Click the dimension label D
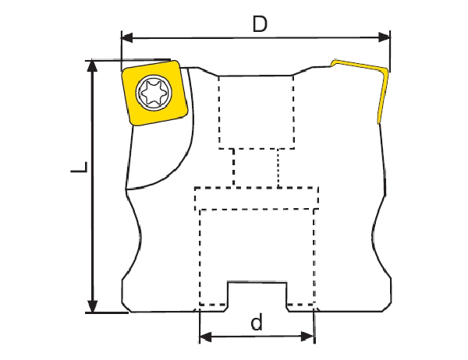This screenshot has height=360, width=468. (260, 24)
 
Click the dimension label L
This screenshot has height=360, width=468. (80, 168)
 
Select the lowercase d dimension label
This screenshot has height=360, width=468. (257, 322)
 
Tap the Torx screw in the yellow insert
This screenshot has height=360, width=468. (154, 92)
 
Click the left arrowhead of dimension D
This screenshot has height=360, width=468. (127, 38)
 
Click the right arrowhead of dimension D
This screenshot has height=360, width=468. (384, 37)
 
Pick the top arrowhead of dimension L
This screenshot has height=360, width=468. (93, 66)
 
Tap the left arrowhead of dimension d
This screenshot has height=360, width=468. (205, 337)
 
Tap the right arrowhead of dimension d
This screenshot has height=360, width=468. (308, 337)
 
